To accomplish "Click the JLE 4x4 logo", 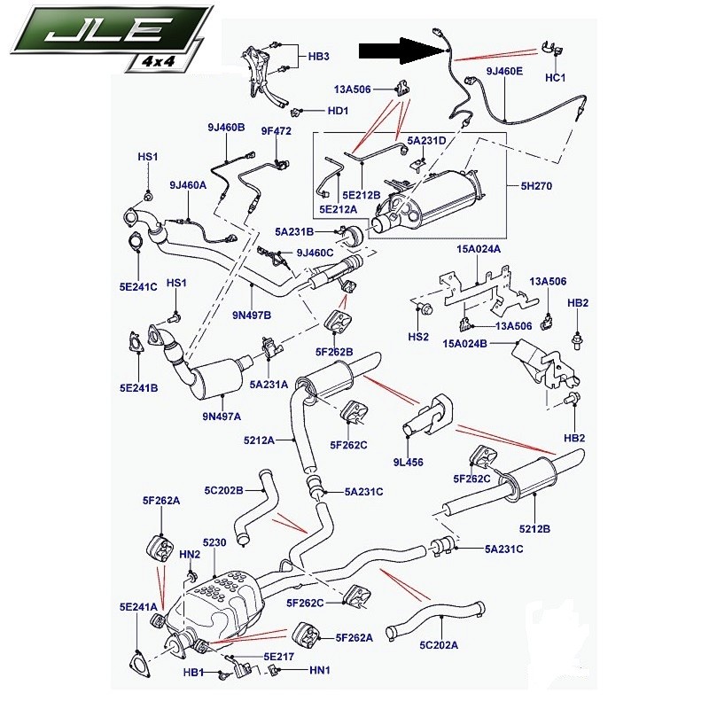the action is [111, 37].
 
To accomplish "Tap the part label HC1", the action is [556, 78].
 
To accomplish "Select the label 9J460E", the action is [504, 71].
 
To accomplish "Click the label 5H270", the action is [536, 186].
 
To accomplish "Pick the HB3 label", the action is [319, 57].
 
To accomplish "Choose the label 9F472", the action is [277, 131].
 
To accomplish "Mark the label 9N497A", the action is [222, 417].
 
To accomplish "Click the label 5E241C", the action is [138, 286].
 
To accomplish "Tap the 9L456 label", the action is [409, 462].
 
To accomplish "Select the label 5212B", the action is [534, 528].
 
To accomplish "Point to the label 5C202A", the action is [439, 645].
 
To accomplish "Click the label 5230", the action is [214, 542].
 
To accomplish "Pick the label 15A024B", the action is [464, 344].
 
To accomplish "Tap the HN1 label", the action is [320, 670].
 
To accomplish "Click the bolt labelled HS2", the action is [426, 309].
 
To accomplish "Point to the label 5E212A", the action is [338, 209].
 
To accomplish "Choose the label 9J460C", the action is [316, 253].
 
